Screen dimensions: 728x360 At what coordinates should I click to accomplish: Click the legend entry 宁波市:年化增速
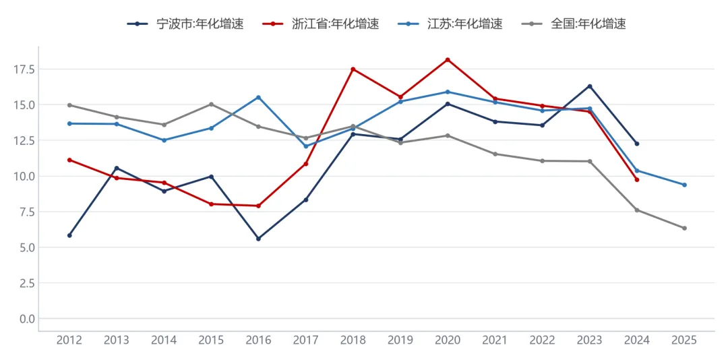click(x=186, y=24)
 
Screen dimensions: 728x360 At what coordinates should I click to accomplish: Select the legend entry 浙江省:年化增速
click(x=321, y=24)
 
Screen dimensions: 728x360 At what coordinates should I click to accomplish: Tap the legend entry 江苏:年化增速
click(x=450, y=24)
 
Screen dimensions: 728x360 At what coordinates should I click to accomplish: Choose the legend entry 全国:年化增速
click(x=574, y=24)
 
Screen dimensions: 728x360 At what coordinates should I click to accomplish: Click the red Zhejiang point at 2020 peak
click(x=448, y=59)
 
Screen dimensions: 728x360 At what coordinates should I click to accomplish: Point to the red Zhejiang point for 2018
click(x=353, y=69)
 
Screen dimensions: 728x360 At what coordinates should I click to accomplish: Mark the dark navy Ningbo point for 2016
click(x=259, y=239)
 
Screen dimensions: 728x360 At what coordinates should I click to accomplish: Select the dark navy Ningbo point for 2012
click(x=69, y=235)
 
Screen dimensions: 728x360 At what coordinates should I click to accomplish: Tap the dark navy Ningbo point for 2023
click(x=590, y=86)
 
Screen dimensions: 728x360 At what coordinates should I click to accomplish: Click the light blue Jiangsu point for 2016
click(x=259, y=97)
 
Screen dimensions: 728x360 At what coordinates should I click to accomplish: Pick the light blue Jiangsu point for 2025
click(x=684, y=185)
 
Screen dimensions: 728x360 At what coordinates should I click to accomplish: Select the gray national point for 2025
click(x=684, y=228)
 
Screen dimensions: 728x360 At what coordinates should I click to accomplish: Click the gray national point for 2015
click(x=211, y=104)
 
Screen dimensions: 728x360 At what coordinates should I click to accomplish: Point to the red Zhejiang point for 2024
click(x=637, y=180)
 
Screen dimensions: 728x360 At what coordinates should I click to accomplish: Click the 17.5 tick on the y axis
click(x=25, y=69)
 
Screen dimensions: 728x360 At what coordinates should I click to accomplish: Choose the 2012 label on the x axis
click(x=69, y=340)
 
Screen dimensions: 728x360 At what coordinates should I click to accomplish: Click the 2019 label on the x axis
click(x=400, y=340)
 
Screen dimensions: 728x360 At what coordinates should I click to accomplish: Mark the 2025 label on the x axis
click(x=684, y=340)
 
